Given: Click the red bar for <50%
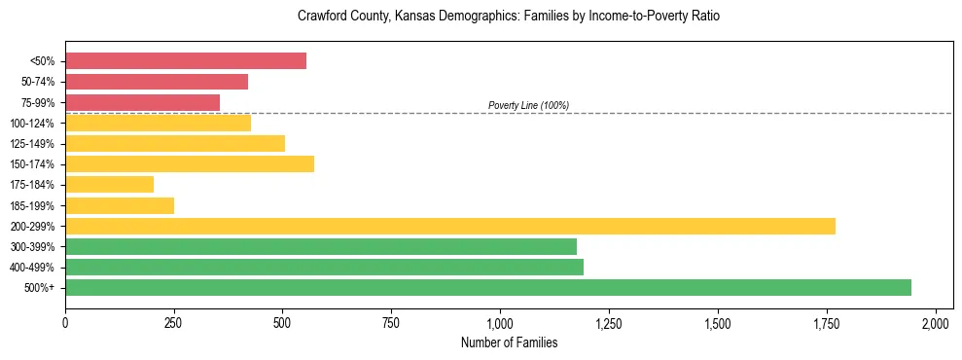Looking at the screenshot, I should (186, 61).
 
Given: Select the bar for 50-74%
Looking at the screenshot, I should (157, 82).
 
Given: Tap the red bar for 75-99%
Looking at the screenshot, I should (142, 102).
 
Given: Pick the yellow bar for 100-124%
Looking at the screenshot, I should (158, 123).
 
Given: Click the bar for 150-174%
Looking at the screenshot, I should (190, 163).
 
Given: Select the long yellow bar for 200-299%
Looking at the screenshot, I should (450, 226).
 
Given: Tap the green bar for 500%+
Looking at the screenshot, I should (488, 287).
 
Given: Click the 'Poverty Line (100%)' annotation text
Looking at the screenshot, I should (528, 105).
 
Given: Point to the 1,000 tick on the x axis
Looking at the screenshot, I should (500, 322).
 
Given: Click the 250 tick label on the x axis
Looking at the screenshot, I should (174, 322).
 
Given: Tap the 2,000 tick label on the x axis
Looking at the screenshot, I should (935, 322).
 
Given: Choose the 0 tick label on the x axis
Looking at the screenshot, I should (65, 322).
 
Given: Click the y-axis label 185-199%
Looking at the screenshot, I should (34, 205).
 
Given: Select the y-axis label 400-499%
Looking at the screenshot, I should (34, 268).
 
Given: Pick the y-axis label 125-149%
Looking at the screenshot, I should (34, 144).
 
